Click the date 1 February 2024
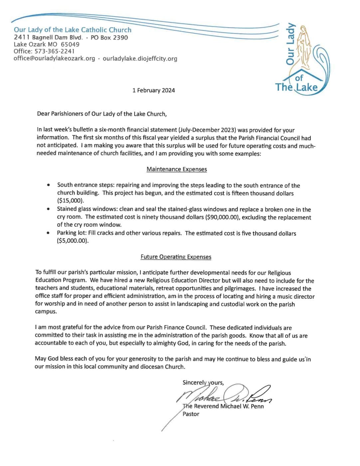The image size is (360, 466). coord(153,90)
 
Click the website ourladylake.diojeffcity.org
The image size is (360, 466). coord(140,59)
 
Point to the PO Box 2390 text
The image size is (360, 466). coord(109,38)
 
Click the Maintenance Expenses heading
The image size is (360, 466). coord(177,169)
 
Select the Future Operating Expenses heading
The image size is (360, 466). coord(176,257)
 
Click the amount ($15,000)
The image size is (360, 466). coord(71,201)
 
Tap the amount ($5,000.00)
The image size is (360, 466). coord(73,241)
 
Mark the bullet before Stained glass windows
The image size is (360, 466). coord(49,209)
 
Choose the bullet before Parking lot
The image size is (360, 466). coord(49,233)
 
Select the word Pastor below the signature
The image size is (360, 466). coord(191,414)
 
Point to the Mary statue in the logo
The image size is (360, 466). coord(304,47)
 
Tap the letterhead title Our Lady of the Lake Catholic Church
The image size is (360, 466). coord(73,30)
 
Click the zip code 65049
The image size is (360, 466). coord(70,44)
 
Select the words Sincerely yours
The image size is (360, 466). coord(203,382)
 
